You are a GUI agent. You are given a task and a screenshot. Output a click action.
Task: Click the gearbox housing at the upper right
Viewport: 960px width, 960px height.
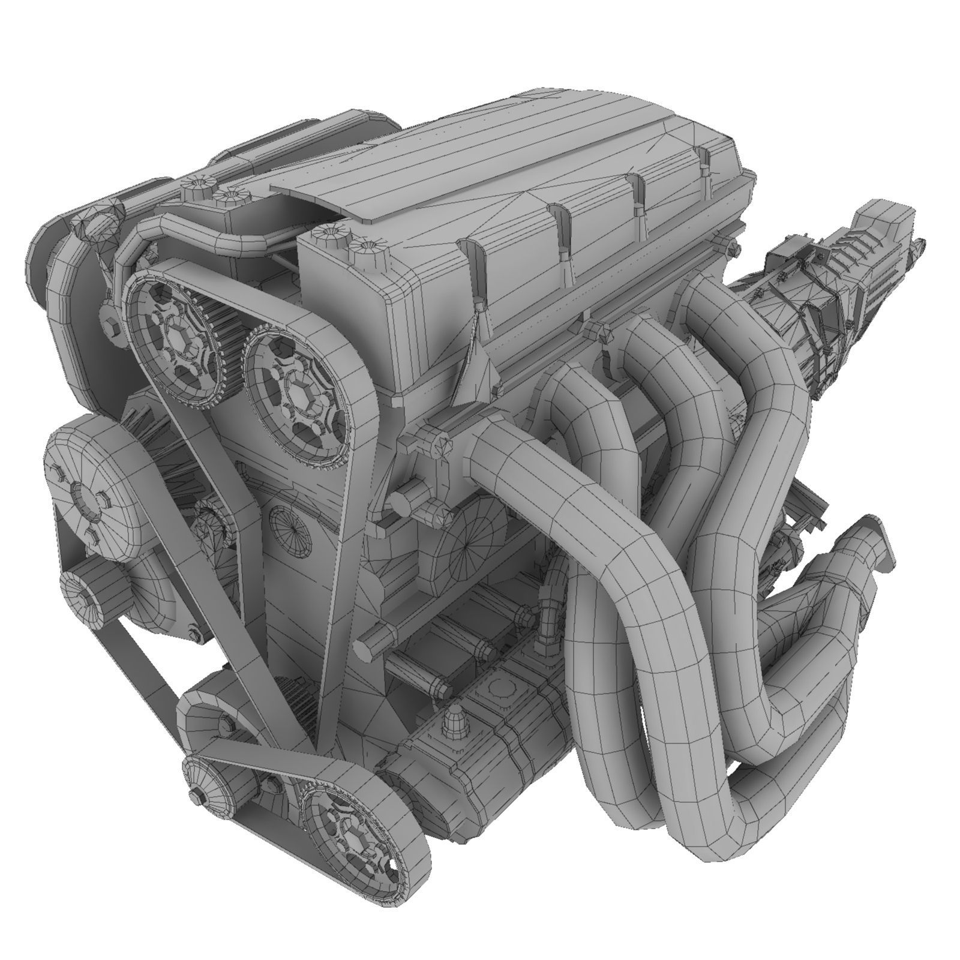click(864, 252)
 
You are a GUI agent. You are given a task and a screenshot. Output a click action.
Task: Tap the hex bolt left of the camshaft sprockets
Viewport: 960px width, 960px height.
click(110, 327)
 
